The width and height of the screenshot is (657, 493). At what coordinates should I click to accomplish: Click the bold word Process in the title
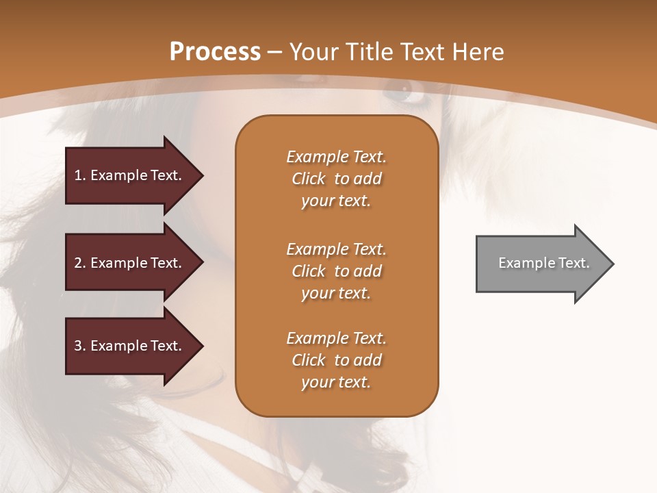(215, 52)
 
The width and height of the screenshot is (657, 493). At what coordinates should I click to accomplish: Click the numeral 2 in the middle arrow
(78, 263)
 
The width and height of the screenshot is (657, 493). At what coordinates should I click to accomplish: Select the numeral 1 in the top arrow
(78, 175)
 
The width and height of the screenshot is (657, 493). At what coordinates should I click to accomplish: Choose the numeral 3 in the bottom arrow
(78, 346)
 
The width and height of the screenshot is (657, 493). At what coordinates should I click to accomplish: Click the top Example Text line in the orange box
(336, 157)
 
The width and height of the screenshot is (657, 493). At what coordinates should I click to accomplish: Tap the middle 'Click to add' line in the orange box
(336, 271)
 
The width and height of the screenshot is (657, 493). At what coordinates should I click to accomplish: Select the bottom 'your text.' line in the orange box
(336, 382)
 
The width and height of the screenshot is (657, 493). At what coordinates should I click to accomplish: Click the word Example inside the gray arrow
(524, 263)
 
